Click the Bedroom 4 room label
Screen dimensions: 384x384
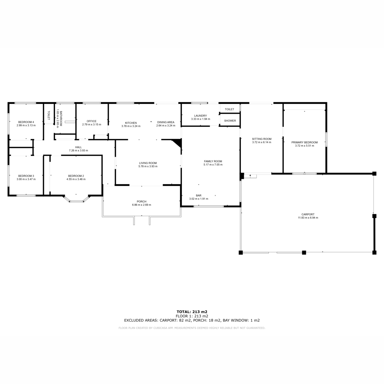pyautogui.click(x=26, y=122)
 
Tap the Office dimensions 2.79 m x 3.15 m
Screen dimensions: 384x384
pyautogui.click(x=92, y=124)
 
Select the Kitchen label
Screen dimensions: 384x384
pyautogui.click(x=131, y=123)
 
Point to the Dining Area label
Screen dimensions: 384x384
pyautogui.click(x=165, y=122)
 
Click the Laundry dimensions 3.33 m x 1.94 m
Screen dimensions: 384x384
pyautogui.click(x=200, y=119)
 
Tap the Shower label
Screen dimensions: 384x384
pyautogui.click(x=230, y=121)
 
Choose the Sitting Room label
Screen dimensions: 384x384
pyautogui.click(x=262, y=139)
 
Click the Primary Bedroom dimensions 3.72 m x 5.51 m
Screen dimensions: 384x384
pyautogui.click(x=305, y=146)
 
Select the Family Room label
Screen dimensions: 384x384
pyautogui.click(x=213, y=161)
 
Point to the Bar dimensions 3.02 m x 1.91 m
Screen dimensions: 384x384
pyautogui.click(x=199, y=199)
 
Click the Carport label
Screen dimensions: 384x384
pyautogui.click(x=308, y=214)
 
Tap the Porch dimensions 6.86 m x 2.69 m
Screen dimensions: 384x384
pyautogui.click(x=141, y=205)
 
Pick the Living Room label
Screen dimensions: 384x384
pyautogui.click(x=148, y=163)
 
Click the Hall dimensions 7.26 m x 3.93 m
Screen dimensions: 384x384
pyautogui.click(x=78, y=150)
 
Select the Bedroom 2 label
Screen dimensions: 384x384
pyautogui.click(x=76, y=176)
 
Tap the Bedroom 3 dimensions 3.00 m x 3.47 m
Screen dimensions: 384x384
pyautogui.click(x=26, y=179)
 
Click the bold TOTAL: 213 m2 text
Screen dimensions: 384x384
pyautogui.click(x=192, y=312)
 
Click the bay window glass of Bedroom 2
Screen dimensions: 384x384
pyautogui.click(x=76, y=201)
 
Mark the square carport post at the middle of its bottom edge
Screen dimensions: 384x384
pyautogui.click(x=304, y=252)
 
